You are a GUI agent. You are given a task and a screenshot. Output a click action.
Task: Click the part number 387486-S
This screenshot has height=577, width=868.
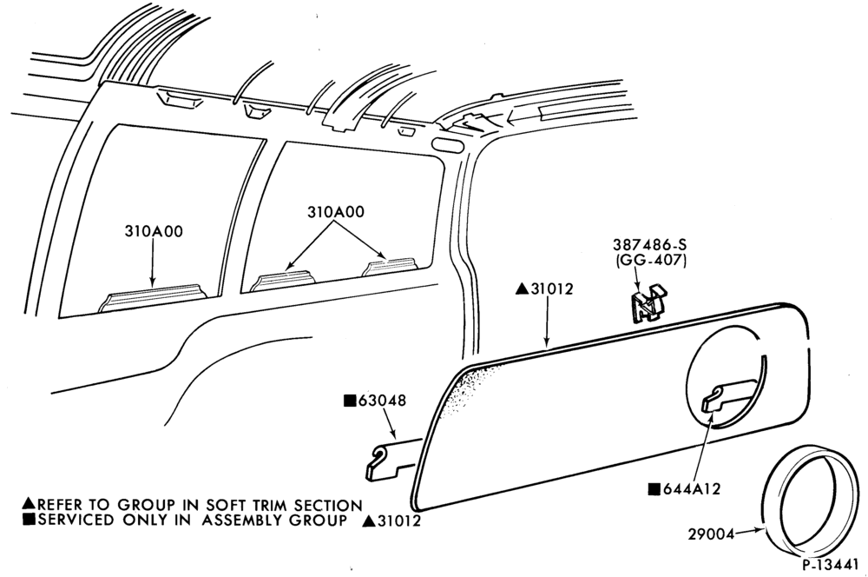[649, 244]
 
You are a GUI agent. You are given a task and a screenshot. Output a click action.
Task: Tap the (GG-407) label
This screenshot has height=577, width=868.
[650, 260]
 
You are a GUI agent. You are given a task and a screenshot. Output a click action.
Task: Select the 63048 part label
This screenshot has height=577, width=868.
[382, 401]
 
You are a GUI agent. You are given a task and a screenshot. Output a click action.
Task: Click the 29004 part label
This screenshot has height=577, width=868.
[712, 534]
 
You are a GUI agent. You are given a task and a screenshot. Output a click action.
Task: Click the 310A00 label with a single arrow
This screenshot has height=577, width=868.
[154, 231]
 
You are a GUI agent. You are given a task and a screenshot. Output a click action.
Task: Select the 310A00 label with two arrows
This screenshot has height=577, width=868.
[336, 212]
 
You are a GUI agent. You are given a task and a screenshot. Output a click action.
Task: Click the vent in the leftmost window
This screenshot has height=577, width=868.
[153, 298]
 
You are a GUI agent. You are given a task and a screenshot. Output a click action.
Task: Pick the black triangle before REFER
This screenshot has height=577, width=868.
[30, 504]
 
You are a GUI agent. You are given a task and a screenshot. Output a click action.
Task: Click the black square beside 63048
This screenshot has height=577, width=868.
[350, 401]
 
